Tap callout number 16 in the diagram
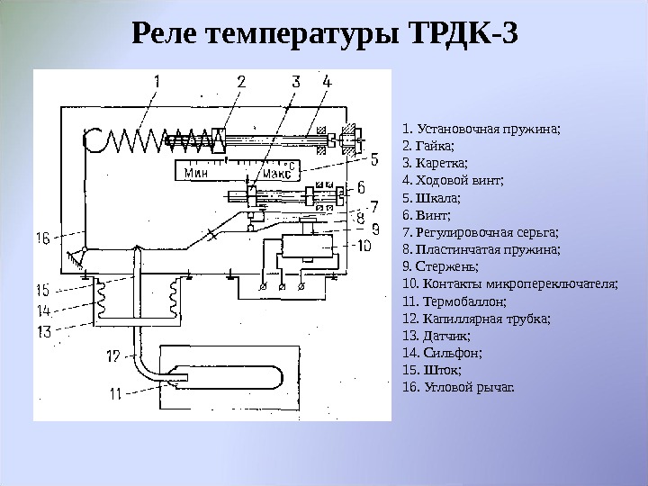pos(43,239)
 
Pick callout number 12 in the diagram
pos(112,356)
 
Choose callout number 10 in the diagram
pos(364,245)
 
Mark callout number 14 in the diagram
pos(44,310)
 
